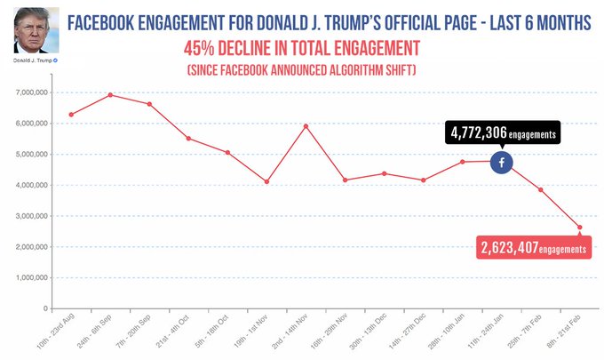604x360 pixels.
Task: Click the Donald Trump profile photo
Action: [34, 31]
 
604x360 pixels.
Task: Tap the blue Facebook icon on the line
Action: [501, 162]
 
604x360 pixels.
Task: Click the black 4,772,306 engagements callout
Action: [503, 133]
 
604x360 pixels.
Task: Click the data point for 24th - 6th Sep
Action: [110, 94]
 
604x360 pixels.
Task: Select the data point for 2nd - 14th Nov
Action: [306, 126]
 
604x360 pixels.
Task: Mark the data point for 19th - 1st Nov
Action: [266, 181]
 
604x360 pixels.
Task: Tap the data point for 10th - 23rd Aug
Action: [71, 114]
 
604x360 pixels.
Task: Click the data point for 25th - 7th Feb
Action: [540, 189]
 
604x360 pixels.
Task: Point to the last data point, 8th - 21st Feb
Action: [579, 228]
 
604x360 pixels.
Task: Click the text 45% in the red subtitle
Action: [200, 46]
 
